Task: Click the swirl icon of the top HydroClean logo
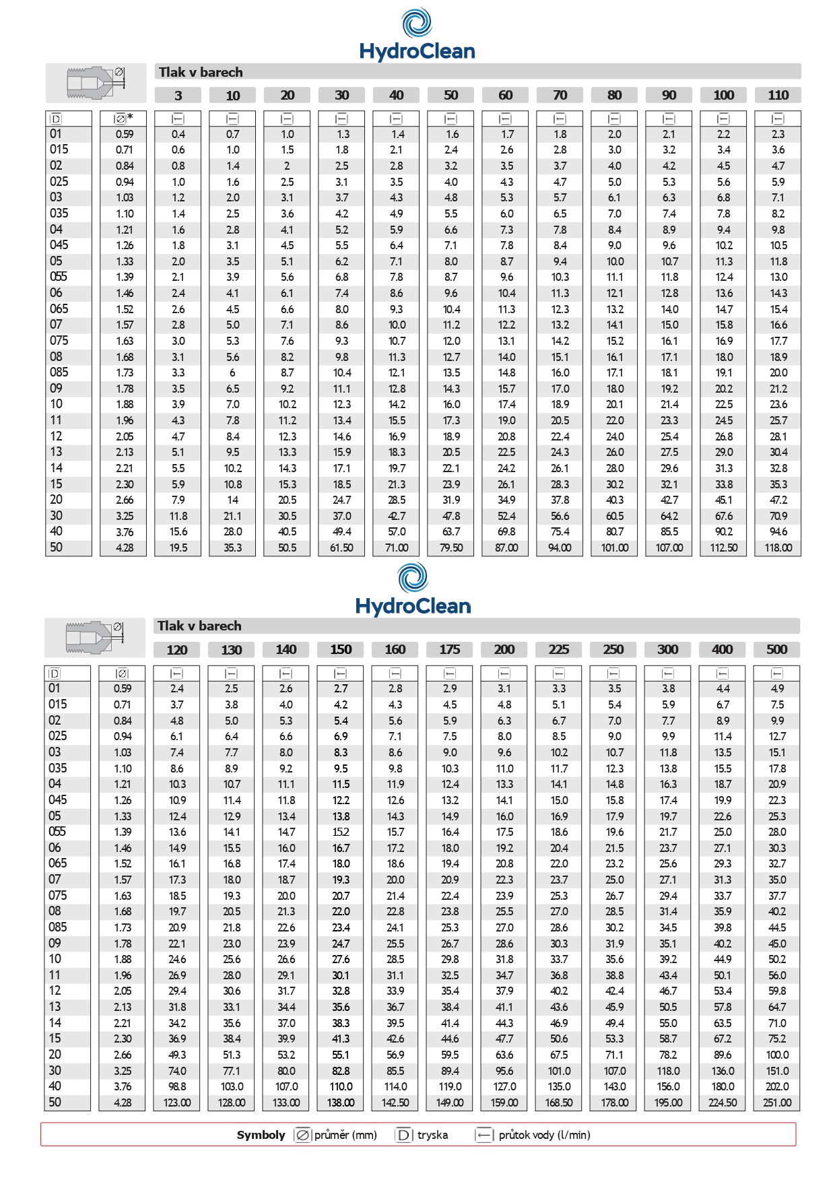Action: [417, 22]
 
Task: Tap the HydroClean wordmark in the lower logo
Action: [413, 606]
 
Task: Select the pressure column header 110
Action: [778, 95]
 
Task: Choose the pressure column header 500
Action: [776, 649]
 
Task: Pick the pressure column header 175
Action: [449, 649]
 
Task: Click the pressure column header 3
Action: [178, 95]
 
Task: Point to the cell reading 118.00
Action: [778, 548]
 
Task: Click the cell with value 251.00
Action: [776, 1103]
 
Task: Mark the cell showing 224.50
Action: [722, 1103]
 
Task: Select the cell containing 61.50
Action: [341, 548]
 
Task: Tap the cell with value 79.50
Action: [450, 548]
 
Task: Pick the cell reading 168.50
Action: [558, 1103]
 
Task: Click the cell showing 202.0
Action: [776, 1086]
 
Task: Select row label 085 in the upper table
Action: [59, 372]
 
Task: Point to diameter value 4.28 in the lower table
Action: [123, 1103]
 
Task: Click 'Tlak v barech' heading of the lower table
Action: [199, 626]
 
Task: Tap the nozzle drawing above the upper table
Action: [96, 82]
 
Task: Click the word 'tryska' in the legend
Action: [432, 1135]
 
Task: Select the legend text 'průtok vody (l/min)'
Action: [544, 1135]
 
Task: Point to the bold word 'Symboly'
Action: [261, 1135]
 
